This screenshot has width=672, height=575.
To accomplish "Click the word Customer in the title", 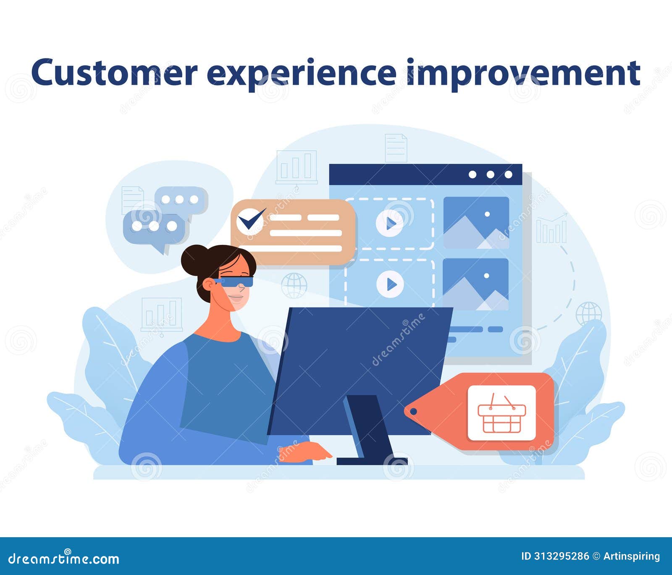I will (114, 73).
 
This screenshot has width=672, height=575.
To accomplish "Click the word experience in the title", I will (301, 73).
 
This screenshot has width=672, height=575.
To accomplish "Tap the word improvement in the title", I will (523, 73).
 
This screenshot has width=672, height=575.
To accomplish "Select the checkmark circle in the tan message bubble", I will (250, 221).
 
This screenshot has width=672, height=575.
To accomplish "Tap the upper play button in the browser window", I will (390, 223).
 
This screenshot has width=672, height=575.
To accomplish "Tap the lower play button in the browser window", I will (390, 285).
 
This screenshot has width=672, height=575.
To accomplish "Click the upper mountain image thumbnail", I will (476, 223).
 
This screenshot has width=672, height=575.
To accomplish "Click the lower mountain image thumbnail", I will (475, 284).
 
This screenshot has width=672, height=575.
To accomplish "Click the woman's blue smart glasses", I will (236, 281).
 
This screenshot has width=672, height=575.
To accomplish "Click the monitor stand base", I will (372, 461).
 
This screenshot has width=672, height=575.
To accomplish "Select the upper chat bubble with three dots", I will (181, 200).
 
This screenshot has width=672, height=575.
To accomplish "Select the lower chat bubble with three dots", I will (155, 227).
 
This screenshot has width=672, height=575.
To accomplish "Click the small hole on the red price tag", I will (413, 411).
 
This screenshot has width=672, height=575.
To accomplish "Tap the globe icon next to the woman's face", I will (294, 286).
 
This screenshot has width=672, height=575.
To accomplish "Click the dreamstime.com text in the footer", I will (64, 559).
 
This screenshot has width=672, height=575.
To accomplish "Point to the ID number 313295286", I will (561, 556).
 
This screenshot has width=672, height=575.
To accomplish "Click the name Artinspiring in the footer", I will (632, 556).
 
